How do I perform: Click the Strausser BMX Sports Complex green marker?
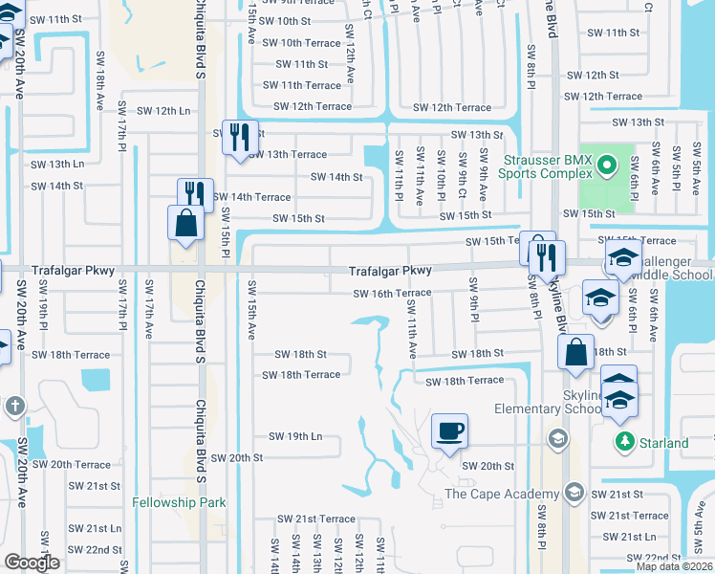[604, 167]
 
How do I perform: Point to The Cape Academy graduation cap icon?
[574, 493]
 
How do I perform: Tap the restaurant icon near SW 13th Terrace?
[240, 136]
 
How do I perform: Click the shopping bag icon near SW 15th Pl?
[184, 224]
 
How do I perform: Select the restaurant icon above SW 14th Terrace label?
[195, 194]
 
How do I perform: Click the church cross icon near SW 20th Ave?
[14, 406]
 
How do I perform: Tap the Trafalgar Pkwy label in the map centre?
[390, 272]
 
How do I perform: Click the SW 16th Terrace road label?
[392, 294]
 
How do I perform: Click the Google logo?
[32, 563]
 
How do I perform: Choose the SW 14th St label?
[336, 177]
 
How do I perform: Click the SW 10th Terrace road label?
[301, 43]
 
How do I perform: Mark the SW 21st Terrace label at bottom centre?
[325, 519]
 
